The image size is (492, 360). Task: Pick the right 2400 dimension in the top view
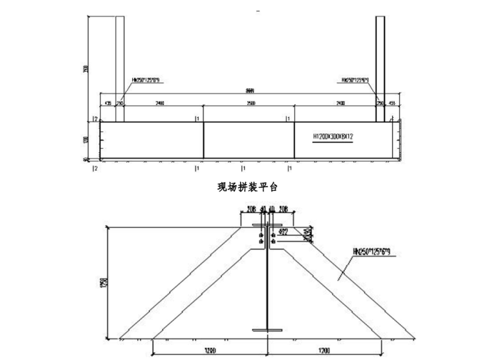pos(340,103)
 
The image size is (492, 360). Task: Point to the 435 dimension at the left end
pos(107,103)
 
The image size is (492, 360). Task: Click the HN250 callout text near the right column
pos(355,81)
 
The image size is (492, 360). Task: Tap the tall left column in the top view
pos(120,65)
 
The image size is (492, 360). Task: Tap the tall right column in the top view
pos(381,65)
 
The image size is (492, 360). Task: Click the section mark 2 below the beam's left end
pos(96,168)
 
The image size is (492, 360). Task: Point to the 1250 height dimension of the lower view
pos(112,283)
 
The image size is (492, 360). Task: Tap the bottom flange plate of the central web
pos(266,331)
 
